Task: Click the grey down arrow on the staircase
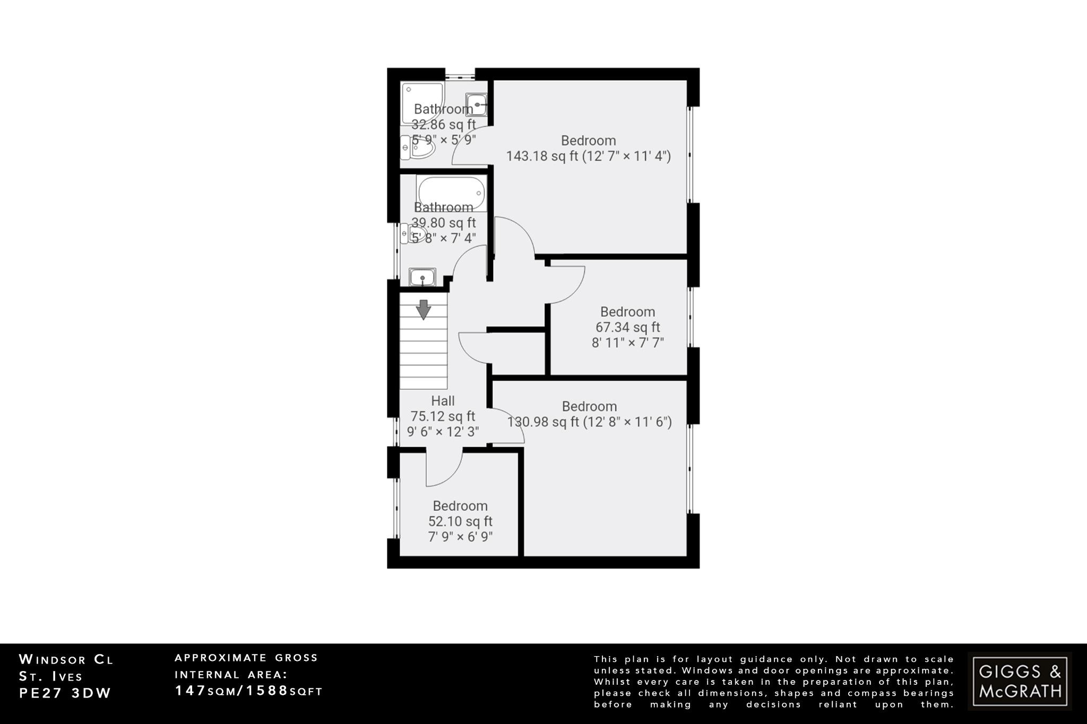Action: (x=423, y=310)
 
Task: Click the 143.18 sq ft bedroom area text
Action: (x=588, y=156)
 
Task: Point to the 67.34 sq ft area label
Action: (x=627, y=327)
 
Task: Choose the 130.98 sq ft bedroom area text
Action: (x=589, y=422)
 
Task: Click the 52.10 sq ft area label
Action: (x=460, y=521)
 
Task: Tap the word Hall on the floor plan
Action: (x=443, y=401)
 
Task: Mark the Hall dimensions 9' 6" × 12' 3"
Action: (x=443, y=432)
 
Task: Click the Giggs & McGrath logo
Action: (x=1020, y=681)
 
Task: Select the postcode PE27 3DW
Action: (x=65, y=693)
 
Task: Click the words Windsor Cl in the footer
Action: (x=66, y=660)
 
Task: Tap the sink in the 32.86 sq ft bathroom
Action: (x=476, y=104)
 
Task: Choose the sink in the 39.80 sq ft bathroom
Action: (x=422, y=277)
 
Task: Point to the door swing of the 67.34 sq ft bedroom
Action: (x=566, y=284)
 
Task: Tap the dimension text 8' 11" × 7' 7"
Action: (x=627, y=343)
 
